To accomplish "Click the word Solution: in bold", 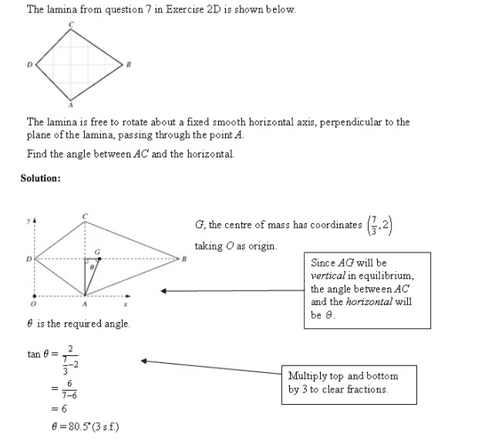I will point(40,178).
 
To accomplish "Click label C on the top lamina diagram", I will point(72,24).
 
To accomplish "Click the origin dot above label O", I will point(32,294).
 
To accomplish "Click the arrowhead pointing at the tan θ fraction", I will point(145,360).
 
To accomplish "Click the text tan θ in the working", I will point(38,355).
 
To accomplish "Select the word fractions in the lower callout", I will point(362,389).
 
